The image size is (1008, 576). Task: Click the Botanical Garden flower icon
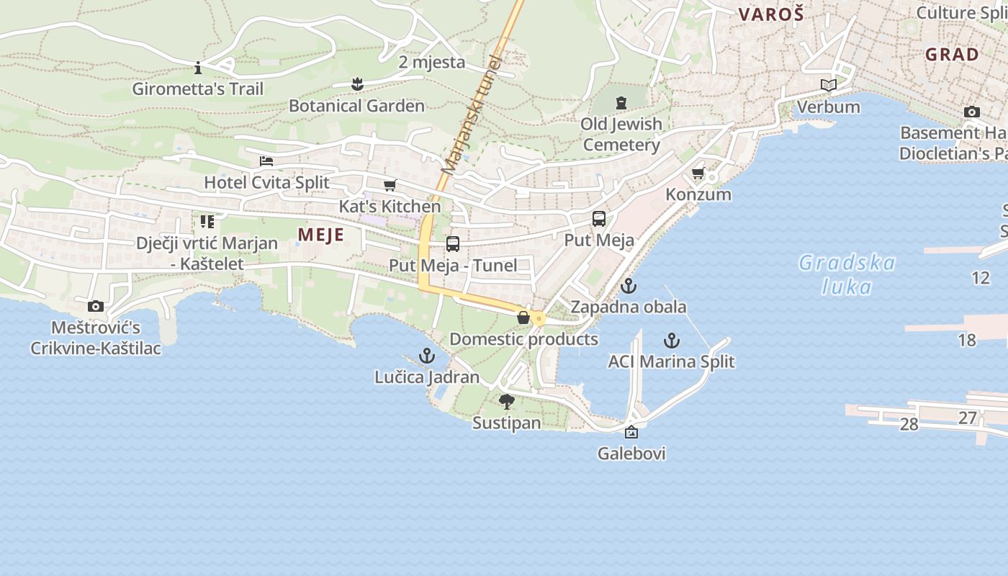[x=357, y=84]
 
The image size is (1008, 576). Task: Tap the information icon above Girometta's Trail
[x=198, y=68]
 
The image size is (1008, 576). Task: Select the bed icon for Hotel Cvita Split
[x=266, y=161]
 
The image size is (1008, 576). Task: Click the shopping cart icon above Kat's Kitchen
[x=390, y=186]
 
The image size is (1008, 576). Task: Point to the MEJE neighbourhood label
[x=320, y=235]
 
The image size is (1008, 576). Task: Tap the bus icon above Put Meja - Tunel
[x=453, y=244]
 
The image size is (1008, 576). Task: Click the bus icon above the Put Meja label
[x=599, y=219]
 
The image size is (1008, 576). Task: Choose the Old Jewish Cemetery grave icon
[x=621, y=103]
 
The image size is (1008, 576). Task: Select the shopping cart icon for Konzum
[x=698, y=174]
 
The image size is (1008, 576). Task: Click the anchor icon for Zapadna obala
[x=629, y=286]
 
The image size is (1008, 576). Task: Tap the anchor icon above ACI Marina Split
[x=671, y=340]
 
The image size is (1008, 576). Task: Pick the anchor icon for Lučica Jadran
[x=427, y=356]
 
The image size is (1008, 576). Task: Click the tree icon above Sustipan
[x=507, y=402]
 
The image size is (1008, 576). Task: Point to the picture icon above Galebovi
[x=631, y=432]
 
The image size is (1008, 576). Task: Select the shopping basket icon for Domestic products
[x=523, y=318]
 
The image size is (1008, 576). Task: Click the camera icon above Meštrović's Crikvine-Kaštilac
[x=96, y=307]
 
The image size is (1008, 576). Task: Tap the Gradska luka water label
[x=847, y=274]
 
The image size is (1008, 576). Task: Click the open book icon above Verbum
[x=829, y=86]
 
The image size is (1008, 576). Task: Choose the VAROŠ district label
[x=770, y=14]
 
